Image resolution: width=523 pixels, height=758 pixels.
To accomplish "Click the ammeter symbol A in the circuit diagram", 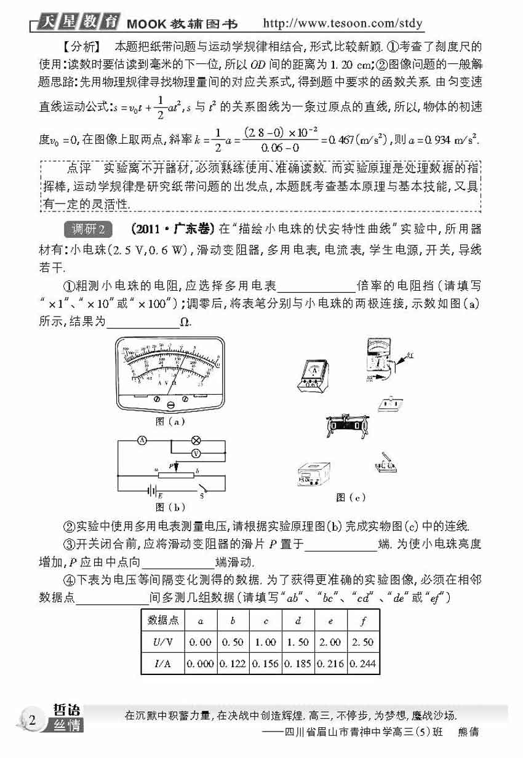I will click(x=140, y=440).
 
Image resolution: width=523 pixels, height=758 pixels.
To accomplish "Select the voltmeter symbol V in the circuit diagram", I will click(x=196, y=452).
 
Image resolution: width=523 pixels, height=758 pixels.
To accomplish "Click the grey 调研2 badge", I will click(x=89, y=229).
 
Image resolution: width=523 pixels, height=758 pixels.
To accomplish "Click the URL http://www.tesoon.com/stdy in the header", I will click(x=343, y=23).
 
